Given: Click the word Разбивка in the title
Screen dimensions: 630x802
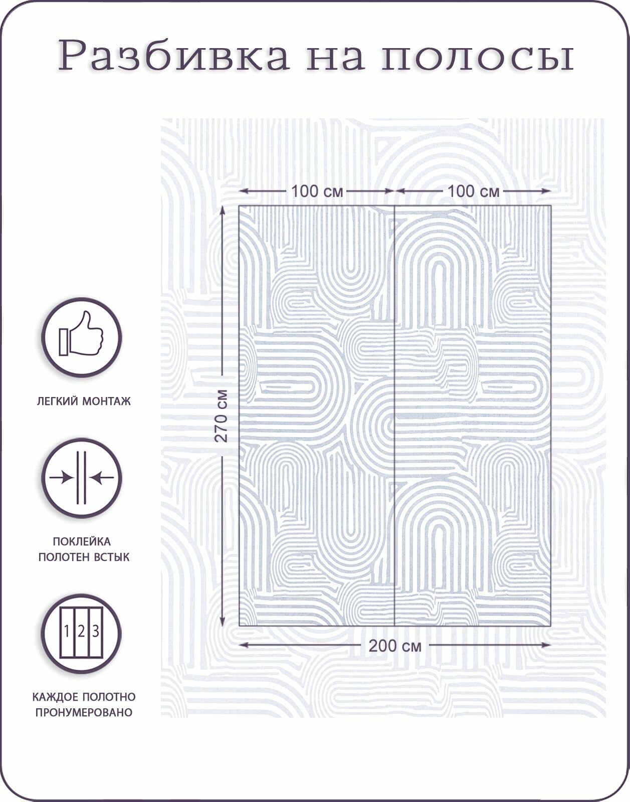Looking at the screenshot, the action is point(173,55).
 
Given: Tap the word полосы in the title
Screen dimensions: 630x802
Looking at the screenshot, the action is point(477,56).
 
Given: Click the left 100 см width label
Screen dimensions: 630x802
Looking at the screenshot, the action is point(317,191).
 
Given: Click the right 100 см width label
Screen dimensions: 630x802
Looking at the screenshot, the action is point(473,191).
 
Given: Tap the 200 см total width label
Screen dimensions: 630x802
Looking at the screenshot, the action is point(395,646).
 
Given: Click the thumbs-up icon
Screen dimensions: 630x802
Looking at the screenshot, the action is point(82,337).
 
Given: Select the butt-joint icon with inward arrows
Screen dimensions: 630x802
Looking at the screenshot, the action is point(82,478).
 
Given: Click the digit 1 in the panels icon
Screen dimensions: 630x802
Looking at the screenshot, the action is point(67,631).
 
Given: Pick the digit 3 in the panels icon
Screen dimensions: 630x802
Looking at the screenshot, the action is point(96,631).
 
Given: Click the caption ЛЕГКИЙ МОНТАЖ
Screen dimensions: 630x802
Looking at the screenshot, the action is point(84,401).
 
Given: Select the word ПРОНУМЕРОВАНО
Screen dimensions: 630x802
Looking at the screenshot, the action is point(84,712).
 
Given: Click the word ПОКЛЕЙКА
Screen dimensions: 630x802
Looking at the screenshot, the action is point(82,541).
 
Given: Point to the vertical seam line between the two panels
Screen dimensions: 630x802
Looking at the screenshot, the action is point(394,416).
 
